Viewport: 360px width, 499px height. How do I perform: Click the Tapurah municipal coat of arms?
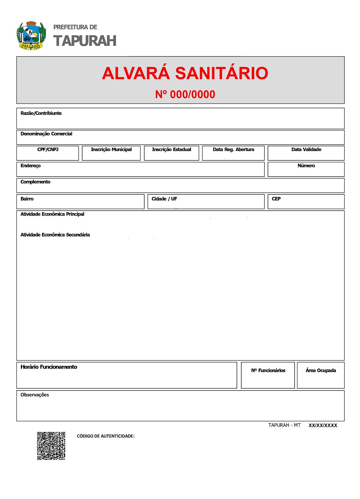(31, 36)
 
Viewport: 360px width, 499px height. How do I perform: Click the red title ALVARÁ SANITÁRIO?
(185, 73)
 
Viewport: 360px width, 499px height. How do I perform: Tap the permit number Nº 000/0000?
(185, 94)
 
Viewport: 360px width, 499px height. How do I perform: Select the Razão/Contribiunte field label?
(41, 113)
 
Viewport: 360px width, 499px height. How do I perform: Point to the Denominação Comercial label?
(46, 134)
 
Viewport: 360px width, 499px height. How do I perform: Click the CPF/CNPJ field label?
(48, 149)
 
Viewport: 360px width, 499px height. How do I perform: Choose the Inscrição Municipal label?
(111, 149)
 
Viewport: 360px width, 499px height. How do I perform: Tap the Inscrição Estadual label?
(171, 149)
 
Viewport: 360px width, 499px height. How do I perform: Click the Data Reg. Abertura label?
(233, 149)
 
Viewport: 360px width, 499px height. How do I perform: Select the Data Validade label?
(306, 149)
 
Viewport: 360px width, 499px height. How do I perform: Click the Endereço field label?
(31, 166)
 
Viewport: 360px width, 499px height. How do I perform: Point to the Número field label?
(306, 166)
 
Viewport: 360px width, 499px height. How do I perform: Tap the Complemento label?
(35, 182)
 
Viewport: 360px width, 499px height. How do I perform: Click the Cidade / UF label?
(164, 199)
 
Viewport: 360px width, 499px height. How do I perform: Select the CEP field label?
(276, 199)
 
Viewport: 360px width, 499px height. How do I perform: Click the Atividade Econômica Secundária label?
(55, 235)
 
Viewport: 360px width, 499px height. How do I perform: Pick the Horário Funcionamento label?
(49, 367)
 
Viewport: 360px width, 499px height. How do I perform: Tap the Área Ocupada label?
(321, 370)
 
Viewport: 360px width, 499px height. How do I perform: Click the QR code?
(51, 446)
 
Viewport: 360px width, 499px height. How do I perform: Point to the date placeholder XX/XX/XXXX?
(323, 425)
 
